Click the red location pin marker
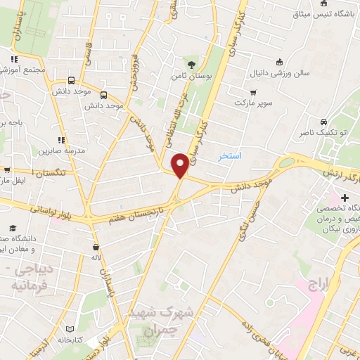[x=180, y=166]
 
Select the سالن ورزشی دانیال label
[x=281, y=72]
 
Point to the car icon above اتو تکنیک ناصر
[x=323, y=120]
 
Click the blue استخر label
[x=229, y=155]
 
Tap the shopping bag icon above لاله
[x=96, y=247]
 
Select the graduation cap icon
[x=13, y=227]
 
